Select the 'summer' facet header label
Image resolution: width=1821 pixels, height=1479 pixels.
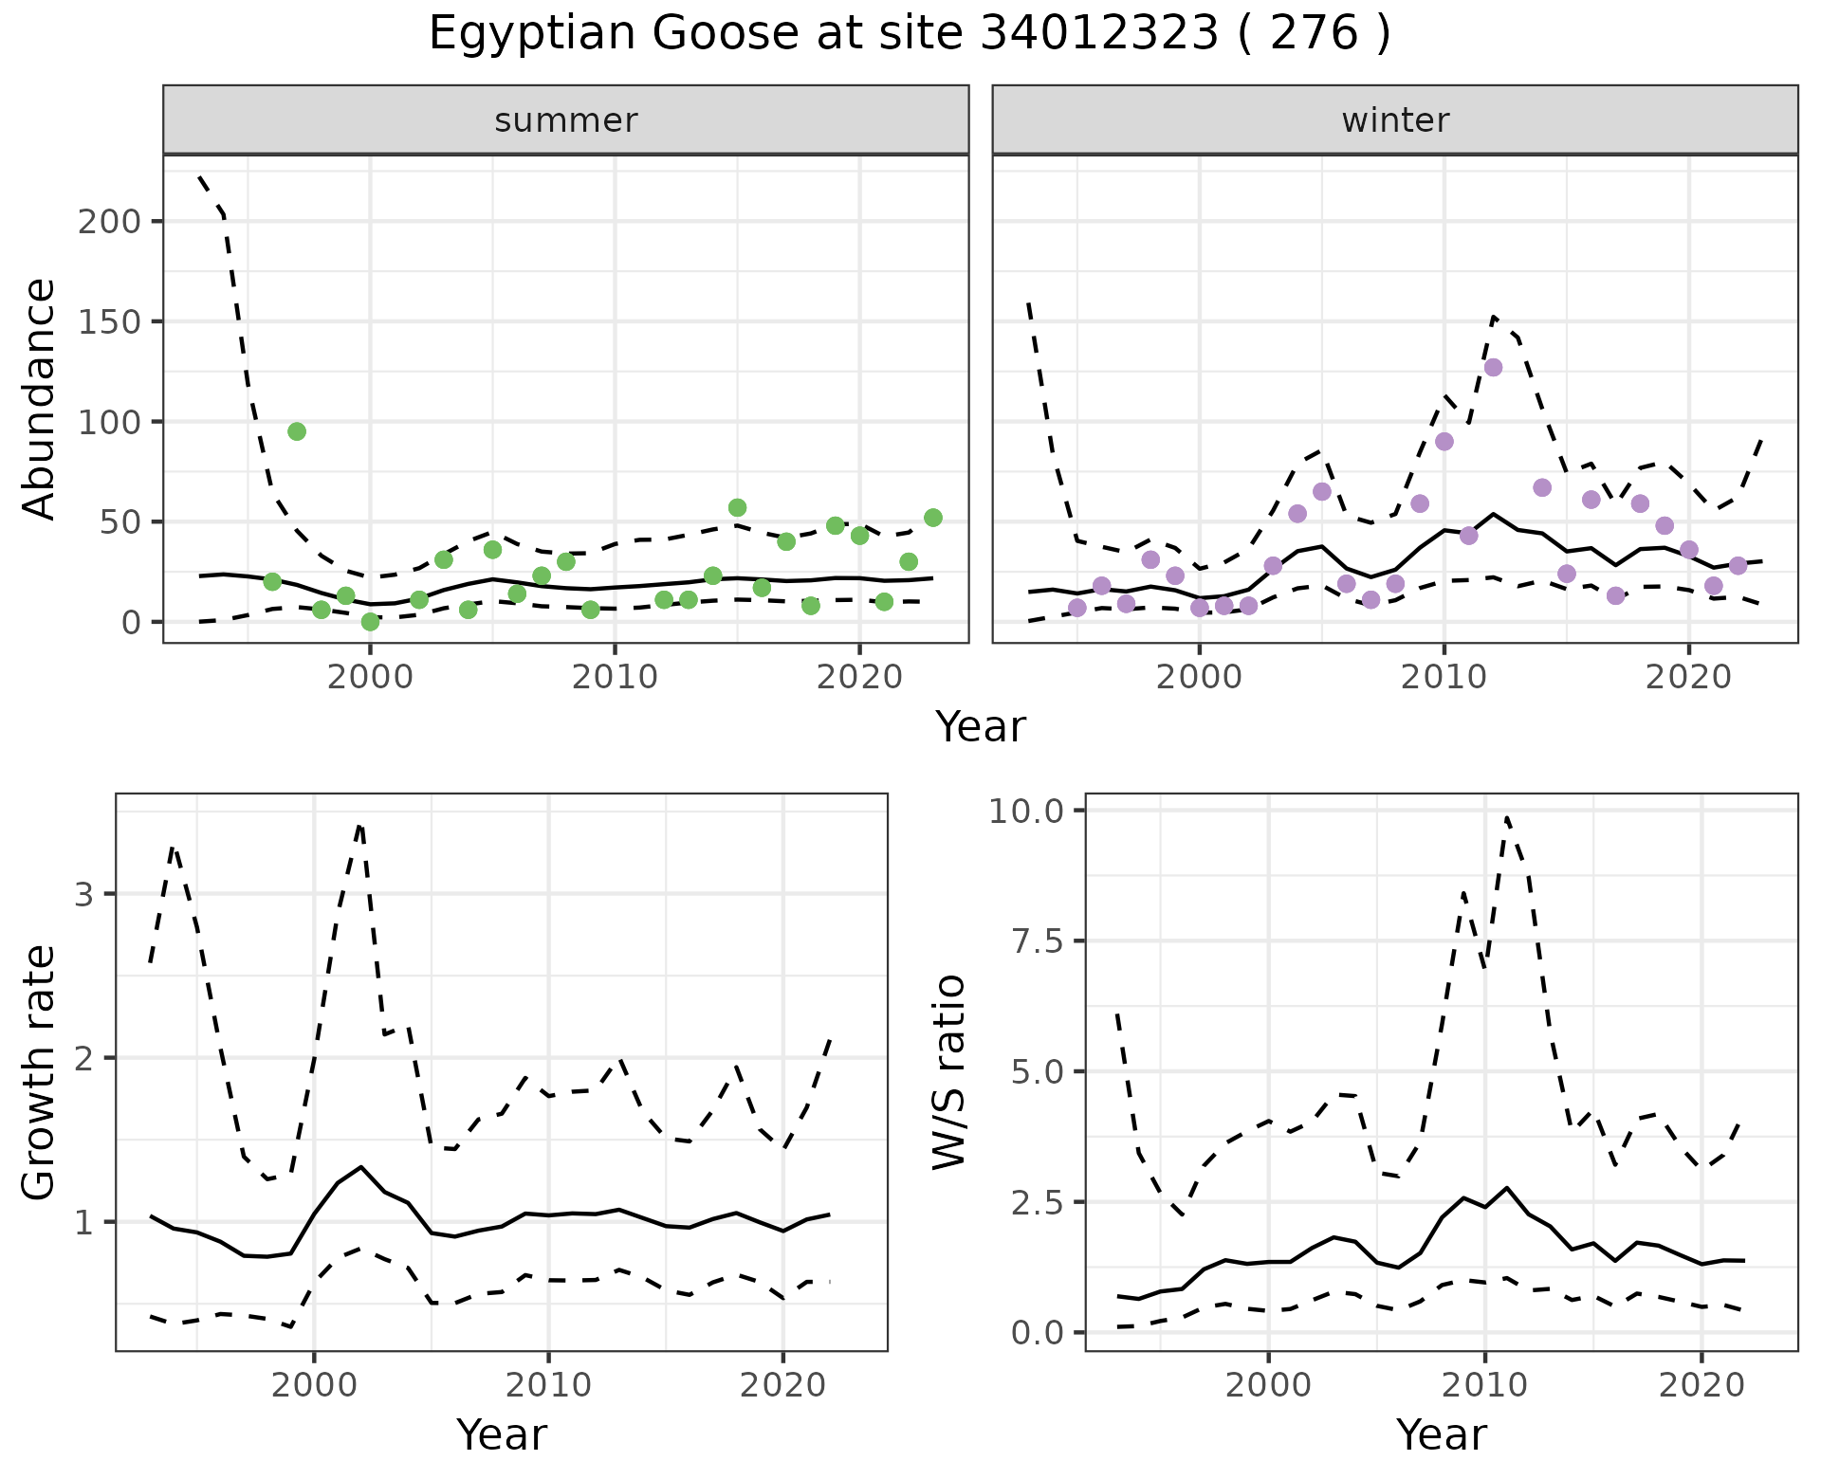pos(565,120)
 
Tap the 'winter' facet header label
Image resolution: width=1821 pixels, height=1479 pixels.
pos(1394,120)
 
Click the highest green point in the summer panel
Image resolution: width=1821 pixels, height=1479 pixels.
pos(297,431)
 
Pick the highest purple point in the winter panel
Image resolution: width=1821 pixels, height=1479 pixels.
pos(1493,368)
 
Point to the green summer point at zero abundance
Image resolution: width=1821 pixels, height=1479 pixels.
pos(370,622)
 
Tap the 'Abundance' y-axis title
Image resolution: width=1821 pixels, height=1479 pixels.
pos(40,399)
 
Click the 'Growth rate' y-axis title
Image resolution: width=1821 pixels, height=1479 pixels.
pos(40,1072)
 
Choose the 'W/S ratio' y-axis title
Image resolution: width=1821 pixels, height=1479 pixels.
pos(948,1072)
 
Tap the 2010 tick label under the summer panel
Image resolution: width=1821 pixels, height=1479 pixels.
pos(615,678)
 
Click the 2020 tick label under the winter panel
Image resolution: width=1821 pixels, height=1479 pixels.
pos(1688,678)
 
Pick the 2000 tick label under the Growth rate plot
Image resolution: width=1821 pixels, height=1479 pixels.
pos(314,1386)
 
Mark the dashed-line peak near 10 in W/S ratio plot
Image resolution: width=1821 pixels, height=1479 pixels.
pos(1506,817)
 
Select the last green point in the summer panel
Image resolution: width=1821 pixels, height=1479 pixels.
pos(932,518)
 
